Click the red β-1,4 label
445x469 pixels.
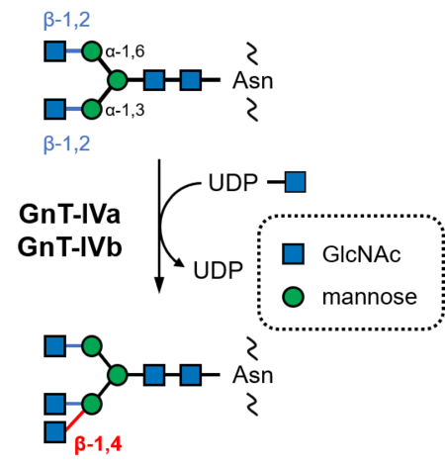(x=98, y=443)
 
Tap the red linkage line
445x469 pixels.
(x=75, y=422)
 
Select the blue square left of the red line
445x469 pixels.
(x=55, y=432)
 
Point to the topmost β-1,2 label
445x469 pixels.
(x=67, y=19)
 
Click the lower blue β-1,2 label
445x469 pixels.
(x=67, y=143)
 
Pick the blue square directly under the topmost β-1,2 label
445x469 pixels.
(x=55, y=50)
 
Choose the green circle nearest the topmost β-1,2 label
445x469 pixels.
(x=92, y=50)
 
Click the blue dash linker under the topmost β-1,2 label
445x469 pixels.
(x=74, y=50)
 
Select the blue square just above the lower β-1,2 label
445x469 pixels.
(x=55, y=109)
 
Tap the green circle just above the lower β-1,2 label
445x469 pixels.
(x=92, y=109)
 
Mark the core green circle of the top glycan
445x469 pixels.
(x=118, y=80)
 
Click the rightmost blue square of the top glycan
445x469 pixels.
(x=191, y=80)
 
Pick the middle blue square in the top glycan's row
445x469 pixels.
(x=154, y=80)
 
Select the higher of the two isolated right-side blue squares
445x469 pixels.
(x=295, y=181)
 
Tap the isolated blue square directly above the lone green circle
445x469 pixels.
(x=294, y=254)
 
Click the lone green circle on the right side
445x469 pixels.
(x=294, y=297)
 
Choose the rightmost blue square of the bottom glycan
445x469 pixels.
(x=191, y=375)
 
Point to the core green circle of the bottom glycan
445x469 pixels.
(x=118, y=375)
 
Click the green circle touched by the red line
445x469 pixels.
(x=92, y=404)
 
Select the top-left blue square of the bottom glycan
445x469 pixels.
(x=55, y=345)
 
